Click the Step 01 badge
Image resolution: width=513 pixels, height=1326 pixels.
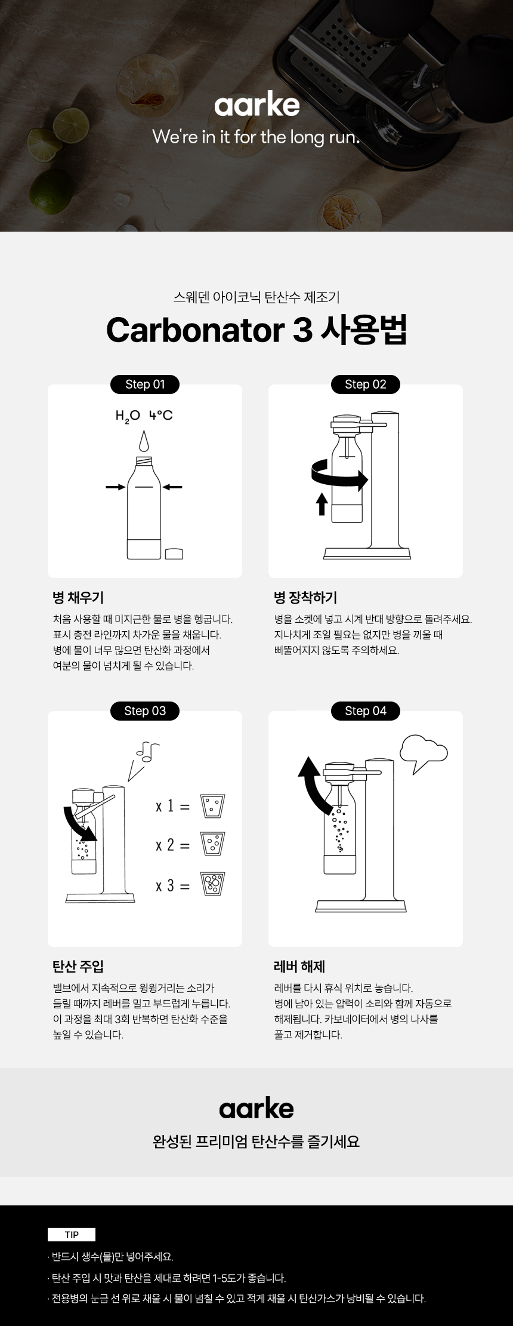(145, 384)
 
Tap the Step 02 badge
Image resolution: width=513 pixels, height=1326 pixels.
(366, 384)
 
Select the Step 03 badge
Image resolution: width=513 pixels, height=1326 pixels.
(145, 711)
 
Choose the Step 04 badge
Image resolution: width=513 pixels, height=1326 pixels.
(366, 711)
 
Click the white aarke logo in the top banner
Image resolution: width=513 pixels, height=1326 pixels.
(257, 105)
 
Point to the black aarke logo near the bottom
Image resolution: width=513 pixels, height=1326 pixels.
(256, 1109)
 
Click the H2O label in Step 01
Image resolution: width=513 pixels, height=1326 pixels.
(128, 416)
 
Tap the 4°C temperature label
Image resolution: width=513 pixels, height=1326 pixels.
(161, 415)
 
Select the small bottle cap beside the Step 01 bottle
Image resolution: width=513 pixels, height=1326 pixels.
(174, 553)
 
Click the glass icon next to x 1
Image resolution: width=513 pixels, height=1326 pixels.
(212, 805)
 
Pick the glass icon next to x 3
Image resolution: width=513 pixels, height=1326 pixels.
(212, 884)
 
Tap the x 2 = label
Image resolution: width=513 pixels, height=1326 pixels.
(172, 845)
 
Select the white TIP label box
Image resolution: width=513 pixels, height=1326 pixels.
(72, 1235)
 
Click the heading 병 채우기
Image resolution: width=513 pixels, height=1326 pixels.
(78, 598)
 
